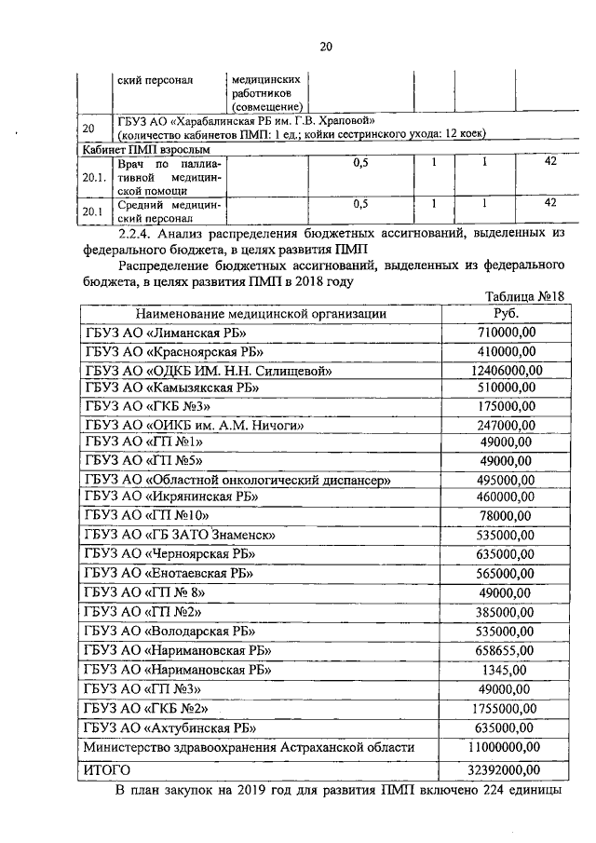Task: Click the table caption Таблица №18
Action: click(x=526, y=296)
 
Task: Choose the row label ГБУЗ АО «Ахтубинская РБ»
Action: click(x=169, y=727)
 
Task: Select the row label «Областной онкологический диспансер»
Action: click(x=237, y=479)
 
